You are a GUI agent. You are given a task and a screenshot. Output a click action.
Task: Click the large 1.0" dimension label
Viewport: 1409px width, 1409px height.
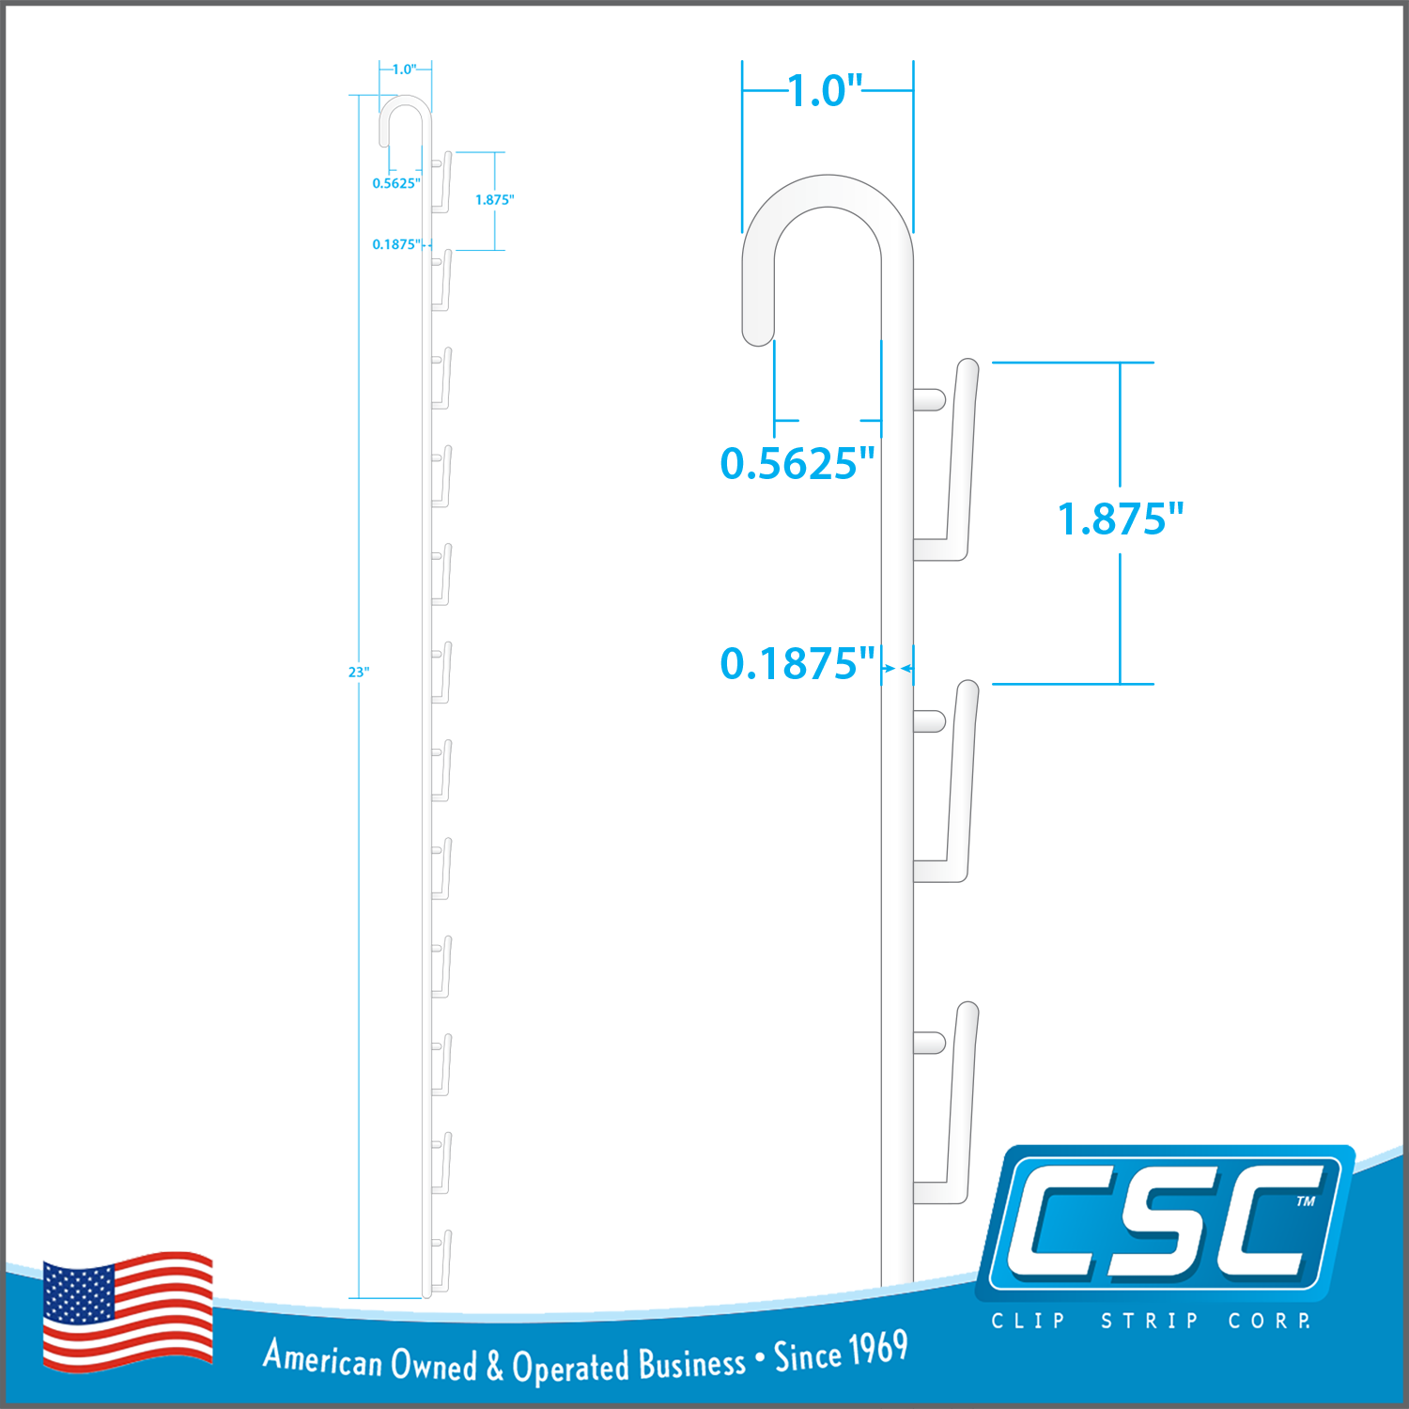825,91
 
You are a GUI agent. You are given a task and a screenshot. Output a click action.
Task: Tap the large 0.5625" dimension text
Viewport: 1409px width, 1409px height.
797,463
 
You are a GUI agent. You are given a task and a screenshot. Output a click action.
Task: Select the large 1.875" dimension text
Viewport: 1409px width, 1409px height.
1121,519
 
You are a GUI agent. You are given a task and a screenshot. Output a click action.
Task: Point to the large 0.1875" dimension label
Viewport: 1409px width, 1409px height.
797,663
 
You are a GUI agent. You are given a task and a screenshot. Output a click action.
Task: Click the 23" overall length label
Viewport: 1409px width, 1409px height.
359,672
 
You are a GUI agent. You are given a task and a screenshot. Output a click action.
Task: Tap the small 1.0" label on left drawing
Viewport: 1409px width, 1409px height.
405,70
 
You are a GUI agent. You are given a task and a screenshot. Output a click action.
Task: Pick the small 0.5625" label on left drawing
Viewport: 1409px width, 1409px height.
396,183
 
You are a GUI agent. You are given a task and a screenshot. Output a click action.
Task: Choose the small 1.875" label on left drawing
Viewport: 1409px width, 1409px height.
494,199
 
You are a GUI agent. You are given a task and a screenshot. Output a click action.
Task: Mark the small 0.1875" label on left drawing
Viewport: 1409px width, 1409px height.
396,244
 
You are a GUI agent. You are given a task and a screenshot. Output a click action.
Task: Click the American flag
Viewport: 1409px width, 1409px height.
128,1311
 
